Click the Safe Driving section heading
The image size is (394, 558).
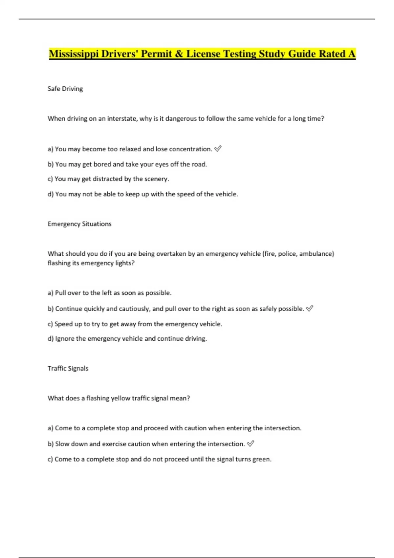coord(65,89)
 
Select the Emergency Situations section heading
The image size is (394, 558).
coord(79,224)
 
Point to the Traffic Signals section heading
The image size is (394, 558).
coord(68,368)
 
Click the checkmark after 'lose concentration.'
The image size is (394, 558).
coord(218,149)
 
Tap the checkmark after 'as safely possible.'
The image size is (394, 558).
coord(309,309)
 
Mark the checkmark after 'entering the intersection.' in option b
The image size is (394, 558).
coord(250,444)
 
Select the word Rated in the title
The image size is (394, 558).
coord(332,54)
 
